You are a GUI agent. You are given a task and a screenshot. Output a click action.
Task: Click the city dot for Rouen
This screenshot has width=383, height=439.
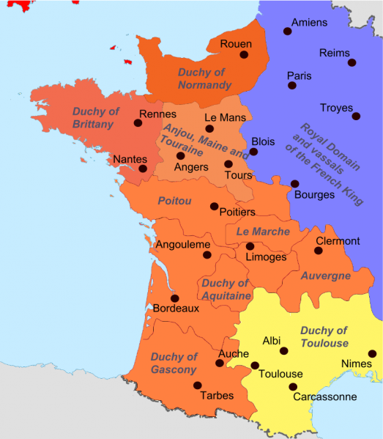244,54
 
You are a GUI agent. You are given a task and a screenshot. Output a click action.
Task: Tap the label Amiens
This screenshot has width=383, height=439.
309,22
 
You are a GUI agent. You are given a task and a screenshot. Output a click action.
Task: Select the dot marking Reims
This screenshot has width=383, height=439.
352,63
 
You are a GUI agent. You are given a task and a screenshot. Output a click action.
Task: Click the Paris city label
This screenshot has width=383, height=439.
299,75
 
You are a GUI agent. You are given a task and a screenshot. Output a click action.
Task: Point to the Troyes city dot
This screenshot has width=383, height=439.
356,116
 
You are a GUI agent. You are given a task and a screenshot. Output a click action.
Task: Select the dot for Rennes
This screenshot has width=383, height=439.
138,124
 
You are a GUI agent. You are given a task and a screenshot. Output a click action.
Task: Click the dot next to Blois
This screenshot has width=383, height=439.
253,152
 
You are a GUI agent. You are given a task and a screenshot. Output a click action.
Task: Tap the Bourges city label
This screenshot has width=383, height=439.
314,195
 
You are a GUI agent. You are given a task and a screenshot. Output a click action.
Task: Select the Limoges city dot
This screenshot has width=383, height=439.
250,246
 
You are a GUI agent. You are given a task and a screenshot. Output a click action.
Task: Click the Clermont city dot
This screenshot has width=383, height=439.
319,251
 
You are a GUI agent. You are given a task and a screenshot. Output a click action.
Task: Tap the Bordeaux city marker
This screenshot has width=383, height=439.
174,298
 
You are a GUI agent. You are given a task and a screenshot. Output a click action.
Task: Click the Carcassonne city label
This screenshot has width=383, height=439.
324,397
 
